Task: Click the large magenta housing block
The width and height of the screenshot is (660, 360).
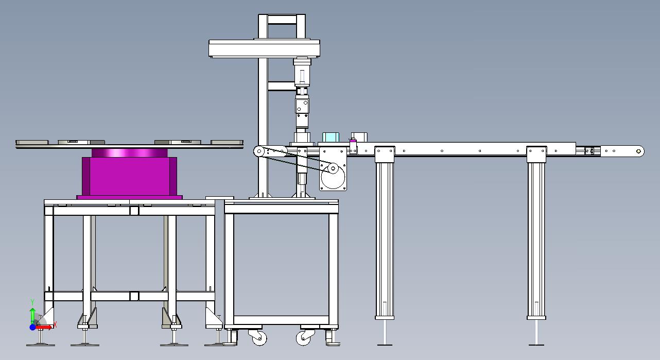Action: click(x=129, y=176)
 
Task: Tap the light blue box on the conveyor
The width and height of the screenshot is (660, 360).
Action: click(x=331, y=138)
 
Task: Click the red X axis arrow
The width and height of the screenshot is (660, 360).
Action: click(x=44, y=327)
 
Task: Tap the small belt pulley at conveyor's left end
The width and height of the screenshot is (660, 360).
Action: click(x=259, y=151)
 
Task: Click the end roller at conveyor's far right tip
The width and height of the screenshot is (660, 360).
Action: click(x=638, y=151)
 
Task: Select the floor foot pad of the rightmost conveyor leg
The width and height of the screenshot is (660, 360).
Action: click(x=536, y=345)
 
